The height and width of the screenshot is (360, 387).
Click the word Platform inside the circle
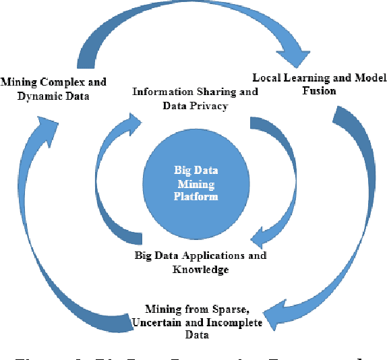click(191, 198)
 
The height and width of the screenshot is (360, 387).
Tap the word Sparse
click(229, 309)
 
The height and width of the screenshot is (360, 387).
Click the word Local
click(266, 77)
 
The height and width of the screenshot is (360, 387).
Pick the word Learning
click(307, 77)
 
